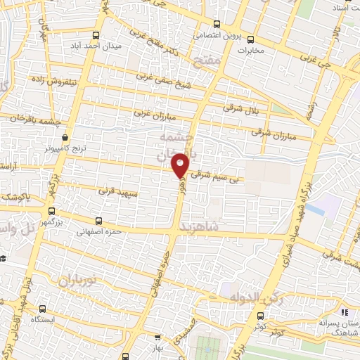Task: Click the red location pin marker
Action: click(x=181, y=165)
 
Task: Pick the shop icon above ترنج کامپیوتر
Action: click(x=65, y=138)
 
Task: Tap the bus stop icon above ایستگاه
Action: click(x=42, y=308)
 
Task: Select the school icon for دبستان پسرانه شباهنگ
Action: click(x=343, y=311)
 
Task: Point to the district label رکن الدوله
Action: click(x=257, y=299)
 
